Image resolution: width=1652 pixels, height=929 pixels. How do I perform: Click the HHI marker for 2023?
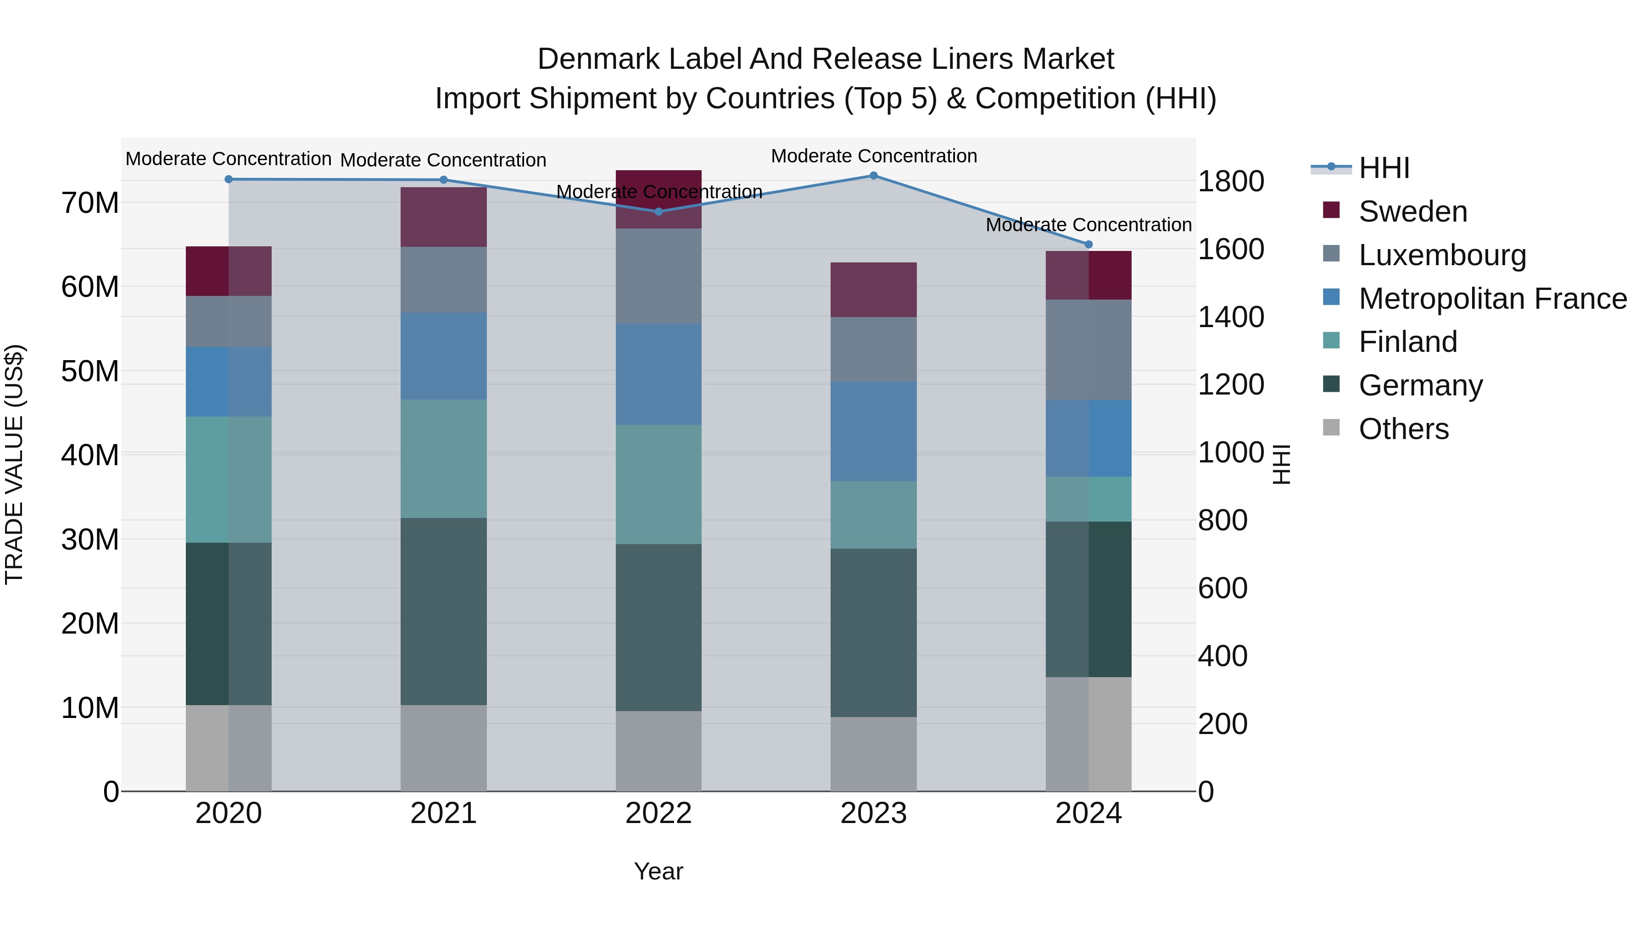pos(873,176)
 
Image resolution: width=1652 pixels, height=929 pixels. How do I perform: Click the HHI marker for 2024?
pos(1088,244)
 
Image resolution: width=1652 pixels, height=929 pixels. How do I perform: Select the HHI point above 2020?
pos(229,179)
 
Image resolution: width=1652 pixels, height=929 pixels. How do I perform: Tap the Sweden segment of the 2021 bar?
pos(443,217)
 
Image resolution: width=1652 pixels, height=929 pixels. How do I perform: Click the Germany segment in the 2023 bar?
pos(873,633)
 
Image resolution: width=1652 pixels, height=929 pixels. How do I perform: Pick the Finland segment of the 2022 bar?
pos(659,485)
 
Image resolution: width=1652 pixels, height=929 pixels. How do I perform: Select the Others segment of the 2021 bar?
pos(443,748)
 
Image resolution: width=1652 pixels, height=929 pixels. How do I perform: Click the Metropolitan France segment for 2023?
pos(873,432)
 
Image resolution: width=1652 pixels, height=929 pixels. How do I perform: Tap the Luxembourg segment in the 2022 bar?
pos(659,276)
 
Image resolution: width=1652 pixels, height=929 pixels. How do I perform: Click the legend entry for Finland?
pos(1408,342)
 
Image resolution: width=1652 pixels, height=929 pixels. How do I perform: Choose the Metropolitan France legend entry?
pos(1492,299)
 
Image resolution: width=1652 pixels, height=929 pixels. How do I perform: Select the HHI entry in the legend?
pos(1384,168)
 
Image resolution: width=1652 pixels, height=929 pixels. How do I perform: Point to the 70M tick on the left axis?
pos(90,203)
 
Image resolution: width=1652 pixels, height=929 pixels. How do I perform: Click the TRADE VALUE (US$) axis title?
pos(14,464)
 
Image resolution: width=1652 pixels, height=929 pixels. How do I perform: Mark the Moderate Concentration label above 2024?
pos(1088,225)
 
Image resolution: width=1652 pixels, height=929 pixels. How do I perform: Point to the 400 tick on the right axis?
pos(1222,656)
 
